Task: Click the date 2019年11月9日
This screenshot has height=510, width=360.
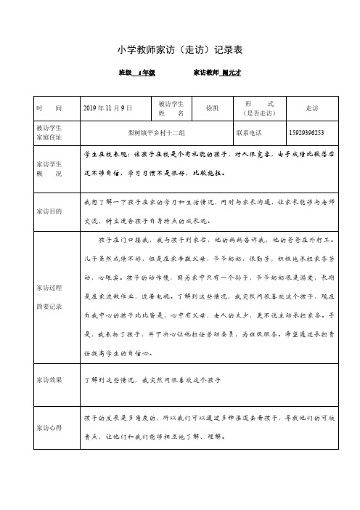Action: [109, 108]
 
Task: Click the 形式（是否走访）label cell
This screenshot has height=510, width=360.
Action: [260, 108]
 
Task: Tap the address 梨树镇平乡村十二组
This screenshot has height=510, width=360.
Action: [155, 133]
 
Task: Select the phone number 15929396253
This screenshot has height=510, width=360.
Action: [306, 133]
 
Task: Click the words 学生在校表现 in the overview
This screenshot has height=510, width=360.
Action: [105, 155]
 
